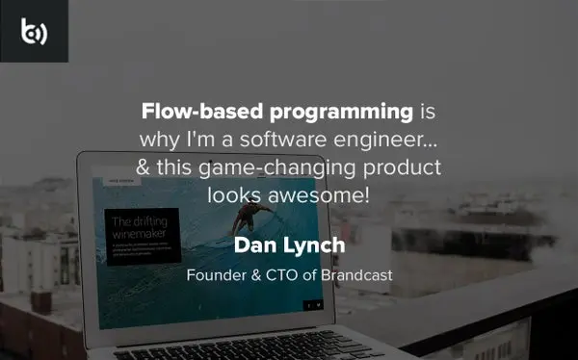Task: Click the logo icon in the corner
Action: [34, 31]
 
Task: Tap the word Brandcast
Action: [357, 274]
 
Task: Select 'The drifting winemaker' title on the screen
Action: [135, 226]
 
